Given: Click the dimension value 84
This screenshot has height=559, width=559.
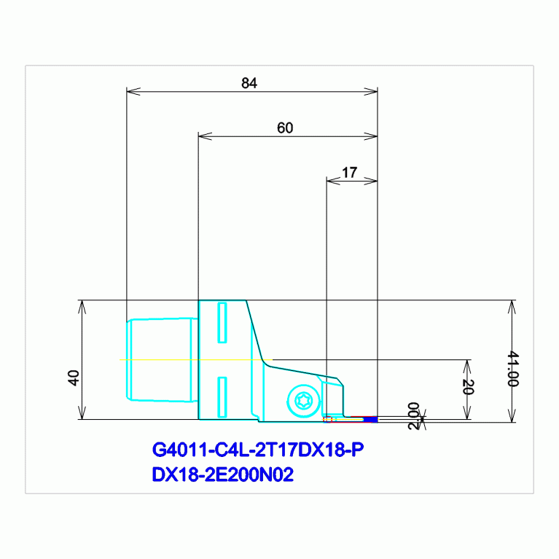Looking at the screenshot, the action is (249, 83).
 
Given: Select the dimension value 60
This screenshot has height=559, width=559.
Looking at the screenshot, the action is (285, 128).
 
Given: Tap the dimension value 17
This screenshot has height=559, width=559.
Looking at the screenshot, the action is (349, 173).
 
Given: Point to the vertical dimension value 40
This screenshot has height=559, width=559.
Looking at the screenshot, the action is (73, 378).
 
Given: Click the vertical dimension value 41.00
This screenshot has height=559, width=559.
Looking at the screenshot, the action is (513, 369).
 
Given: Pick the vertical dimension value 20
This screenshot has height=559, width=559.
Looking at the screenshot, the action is (468, 387).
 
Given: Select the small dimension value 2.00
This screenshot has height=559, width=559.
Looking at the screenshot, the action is (413, 416).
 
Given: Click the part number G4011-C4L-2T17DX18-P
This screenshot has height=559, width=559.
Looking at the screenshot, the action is (258, 450).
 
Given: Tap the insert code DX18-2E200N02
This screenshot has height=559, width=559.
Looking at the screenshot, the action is (223, 474).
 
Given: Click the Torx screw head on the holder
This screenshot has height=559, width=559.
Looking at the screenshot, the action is (304, 401).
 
